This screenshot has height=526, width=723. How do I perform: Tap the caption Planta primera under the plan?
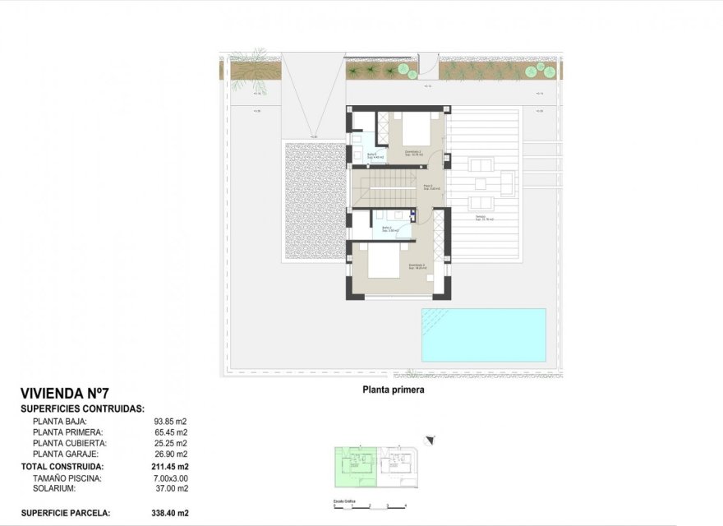(x=393, y=390)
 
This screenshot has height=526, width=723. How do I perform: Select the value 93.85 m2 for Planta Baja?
(x=171, y=422)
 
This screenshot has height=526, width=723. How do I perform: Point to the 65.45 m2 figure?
(x=171, y=432)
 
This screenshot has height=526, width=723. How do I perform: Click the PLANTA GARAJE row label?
(x=66, y=454)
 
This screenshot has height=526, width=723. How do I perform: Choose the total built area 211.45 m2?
(x=169, y=466)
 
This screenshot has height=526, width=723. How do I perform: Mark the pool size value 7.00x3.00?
(x=169, y=478)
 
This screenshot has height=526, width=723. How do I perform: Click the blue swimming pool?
(x=483, y=335)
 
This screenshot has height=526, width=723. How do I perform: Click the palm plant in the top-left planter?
(x=246, y=73)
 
